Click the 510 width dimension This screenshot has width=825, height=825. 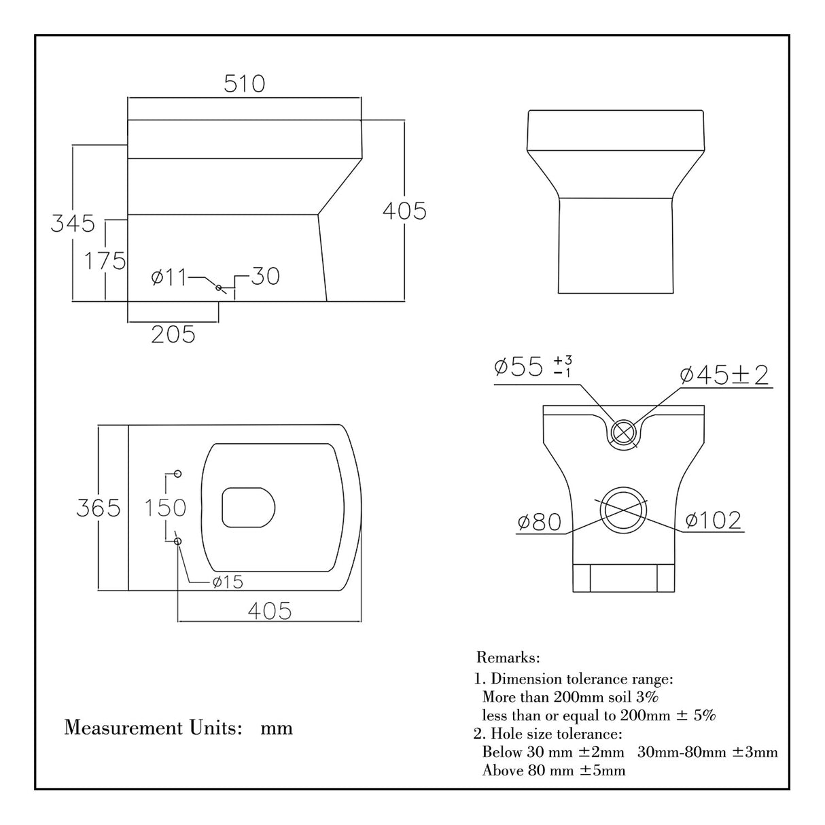(244, 84)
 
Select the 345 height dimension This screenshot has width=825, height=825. (73, 223)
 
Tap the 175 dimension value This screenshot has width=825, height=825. (105, 260)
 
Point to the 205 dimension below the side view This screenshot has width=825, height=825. (173, 334)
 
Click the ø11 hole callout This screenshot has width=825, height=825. (168, 277)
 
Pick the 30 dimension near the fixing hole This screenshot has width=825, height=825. (265, 277)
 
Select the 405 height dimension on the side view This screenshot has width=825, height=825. (404, 211)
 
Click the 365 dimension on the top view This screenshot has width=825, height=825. (98, 508)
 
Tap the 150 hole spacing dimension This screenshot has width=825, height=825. (166, 508)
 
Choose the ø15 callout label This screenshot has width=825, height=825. (227, 582)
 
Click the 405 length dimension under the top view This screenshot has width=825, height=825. (269, 611)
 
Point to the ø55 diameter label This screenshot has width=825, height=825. (519, 367)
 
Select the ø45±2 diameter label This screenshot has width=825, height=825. (724, 374)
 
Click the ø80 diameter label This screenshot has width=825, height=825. (539, 522)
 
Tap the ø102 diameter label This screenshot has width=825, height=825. (713, 521)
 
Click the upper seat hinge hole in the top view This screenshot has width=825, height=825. (178, 473)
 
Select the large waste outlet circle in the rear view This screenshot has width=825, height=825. (622, 510)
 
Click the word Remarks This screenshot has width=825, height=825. (508, 658)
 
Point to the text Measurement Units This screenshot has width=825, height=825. (154, 728)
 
